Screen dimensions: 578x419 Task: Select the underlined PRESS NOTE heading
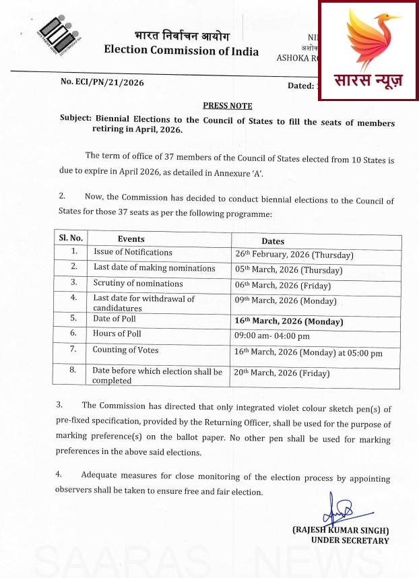pyautogui.click(x=228, y=106)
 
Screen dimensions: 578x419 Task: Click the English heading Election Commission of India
pyautogui.click(x=181, y=51)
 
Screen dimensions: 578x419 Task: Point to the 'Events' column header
pyautogui.click(x=131, y=238)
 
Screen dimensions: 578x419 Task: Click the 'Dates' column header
pyautogui.click(x=273, y=240)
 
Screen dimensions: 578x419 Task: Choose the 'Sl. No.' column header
pyautogui.click(x=71, y=238)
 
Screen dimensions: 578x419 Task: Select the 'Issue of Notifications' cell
pyautogui.click(x=133, y=253)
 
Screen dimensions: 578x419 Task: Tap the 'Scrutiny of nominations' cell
pyautogui.click(x=138, y=284)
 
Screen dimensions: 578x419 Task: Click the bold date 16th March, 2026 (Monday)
pyautogui.click(x=288, y=321)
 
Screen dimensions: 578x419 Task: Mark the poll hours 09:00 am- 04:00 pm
pyautogui.click(x=272, y=336)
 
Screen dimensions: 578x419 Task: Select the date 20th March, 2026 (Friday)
pyautogui.click(x=282, y=373)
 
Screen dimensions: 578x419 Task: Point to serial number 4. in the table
pyautogui.click(x=73, y=297)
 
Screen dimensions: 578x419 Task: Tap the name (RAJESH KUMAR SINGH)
pyautogui.click(x=340, y=530)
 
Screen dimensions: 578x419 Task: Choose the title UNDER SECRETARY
pyautogui.click(x=350, y=540)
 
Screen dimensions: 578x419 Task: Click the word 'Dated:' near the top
pyautogui.click(x=301, y=86)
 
